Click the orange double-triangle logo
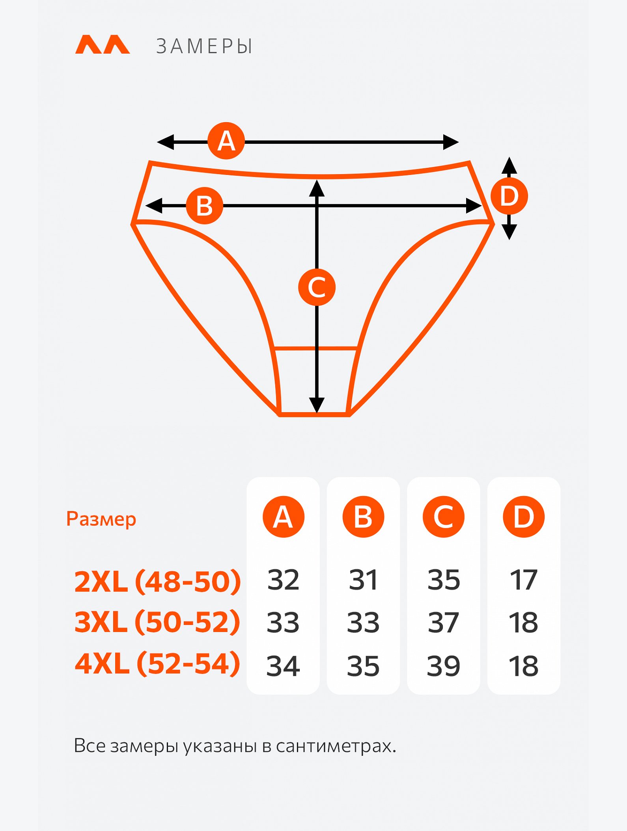(103, 44)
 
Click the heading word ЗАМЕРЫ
(204, 46)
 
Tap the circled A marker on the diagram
(226, 141)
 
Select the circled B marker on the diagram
(205, 206)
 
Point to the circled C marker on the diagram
(317, 287)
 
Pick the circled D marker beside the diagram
(509, 196)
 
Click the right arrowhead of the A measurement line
(451, 142)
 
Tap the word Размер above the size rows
(101, 519)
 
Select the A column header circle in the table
(284, 517)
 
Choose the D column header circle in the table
(524, 517)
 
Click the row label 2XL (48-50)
(157, 581)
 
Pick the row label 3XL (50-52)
(157, 622)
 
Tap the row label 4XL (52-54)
(157, 664)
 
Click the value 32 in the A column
(283, 580)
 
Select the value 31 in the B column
(363, 580)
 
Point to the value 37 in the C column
(443, 623)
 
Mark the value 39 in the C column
(443, 666)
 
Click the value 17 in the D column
(524, 580)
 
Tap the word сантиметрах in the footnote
(336, 746)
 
